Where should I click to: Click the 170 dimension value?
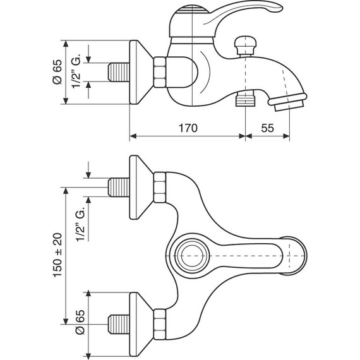coord(188,128)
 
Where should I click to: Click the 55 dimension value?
coord(268,128)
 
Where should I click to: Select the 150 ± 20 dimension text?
coord(58,255)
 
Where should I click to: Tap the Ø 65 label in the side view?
coord(57,72)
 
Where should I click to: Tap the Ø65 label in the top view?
coord(80,322)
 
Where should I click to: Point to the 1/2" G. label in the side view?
coord(76,71)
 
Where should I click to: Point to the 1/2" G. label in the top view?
coord(81,224)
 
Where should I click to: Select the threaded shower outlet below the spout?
coord(245,99)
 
